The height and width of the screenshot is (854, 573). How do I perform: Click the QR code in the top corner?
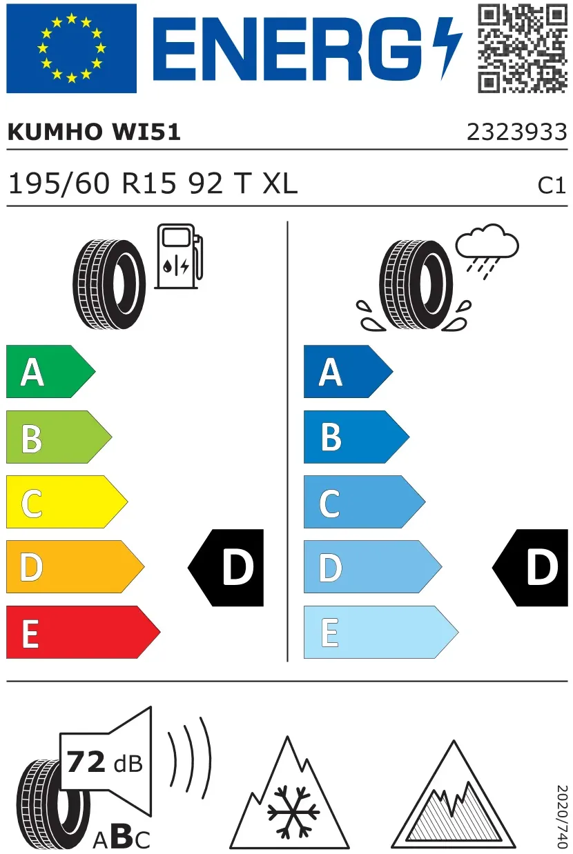pos(523,48)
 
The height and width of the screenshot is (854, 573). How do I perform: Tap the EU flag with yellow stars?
pos(71,48)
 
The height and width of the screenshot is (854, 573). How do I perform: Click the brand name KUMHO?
pos(54,132)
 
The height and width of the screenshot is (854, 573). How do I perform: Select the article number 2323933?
pos(517,132)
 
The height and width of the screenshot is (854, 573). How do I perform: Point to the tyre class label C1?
pos(552,186)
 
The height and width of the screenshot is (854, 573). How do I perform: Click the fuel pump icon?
pos(179,256)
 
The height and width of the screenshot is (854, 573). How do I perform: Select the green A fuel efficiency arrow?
pos(50,372)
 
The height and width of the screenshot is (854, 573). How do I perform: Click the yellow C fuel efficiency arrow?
pos(67,502)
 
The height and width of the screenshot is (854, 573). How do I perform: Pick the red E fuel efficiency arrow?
pos(83,632)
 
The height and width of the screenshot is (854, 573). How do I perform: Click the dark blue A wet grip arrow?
pos(349,372)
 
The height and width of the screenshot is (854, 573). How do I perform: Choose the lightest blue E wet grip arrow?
pos(381,632)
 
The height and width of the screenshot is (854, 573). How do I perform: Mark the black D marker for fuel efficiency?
pos(226,568)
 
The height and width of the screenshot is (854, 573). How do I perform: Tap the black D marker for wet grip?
pos(530,568)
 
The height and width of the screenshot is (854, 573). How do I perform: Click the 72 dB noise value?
pos(104,762)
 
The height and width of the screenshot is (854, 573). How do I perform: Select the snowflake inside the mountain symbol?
pos(293,812)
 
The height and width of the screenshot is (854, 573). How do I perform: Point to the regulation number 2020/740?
pos(562,817)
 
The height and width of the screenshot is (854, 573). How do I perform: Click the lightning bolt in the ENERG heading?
pos(447,48)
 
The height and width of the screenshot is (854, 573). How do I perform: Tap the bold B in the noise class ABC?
pos(122,836)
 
